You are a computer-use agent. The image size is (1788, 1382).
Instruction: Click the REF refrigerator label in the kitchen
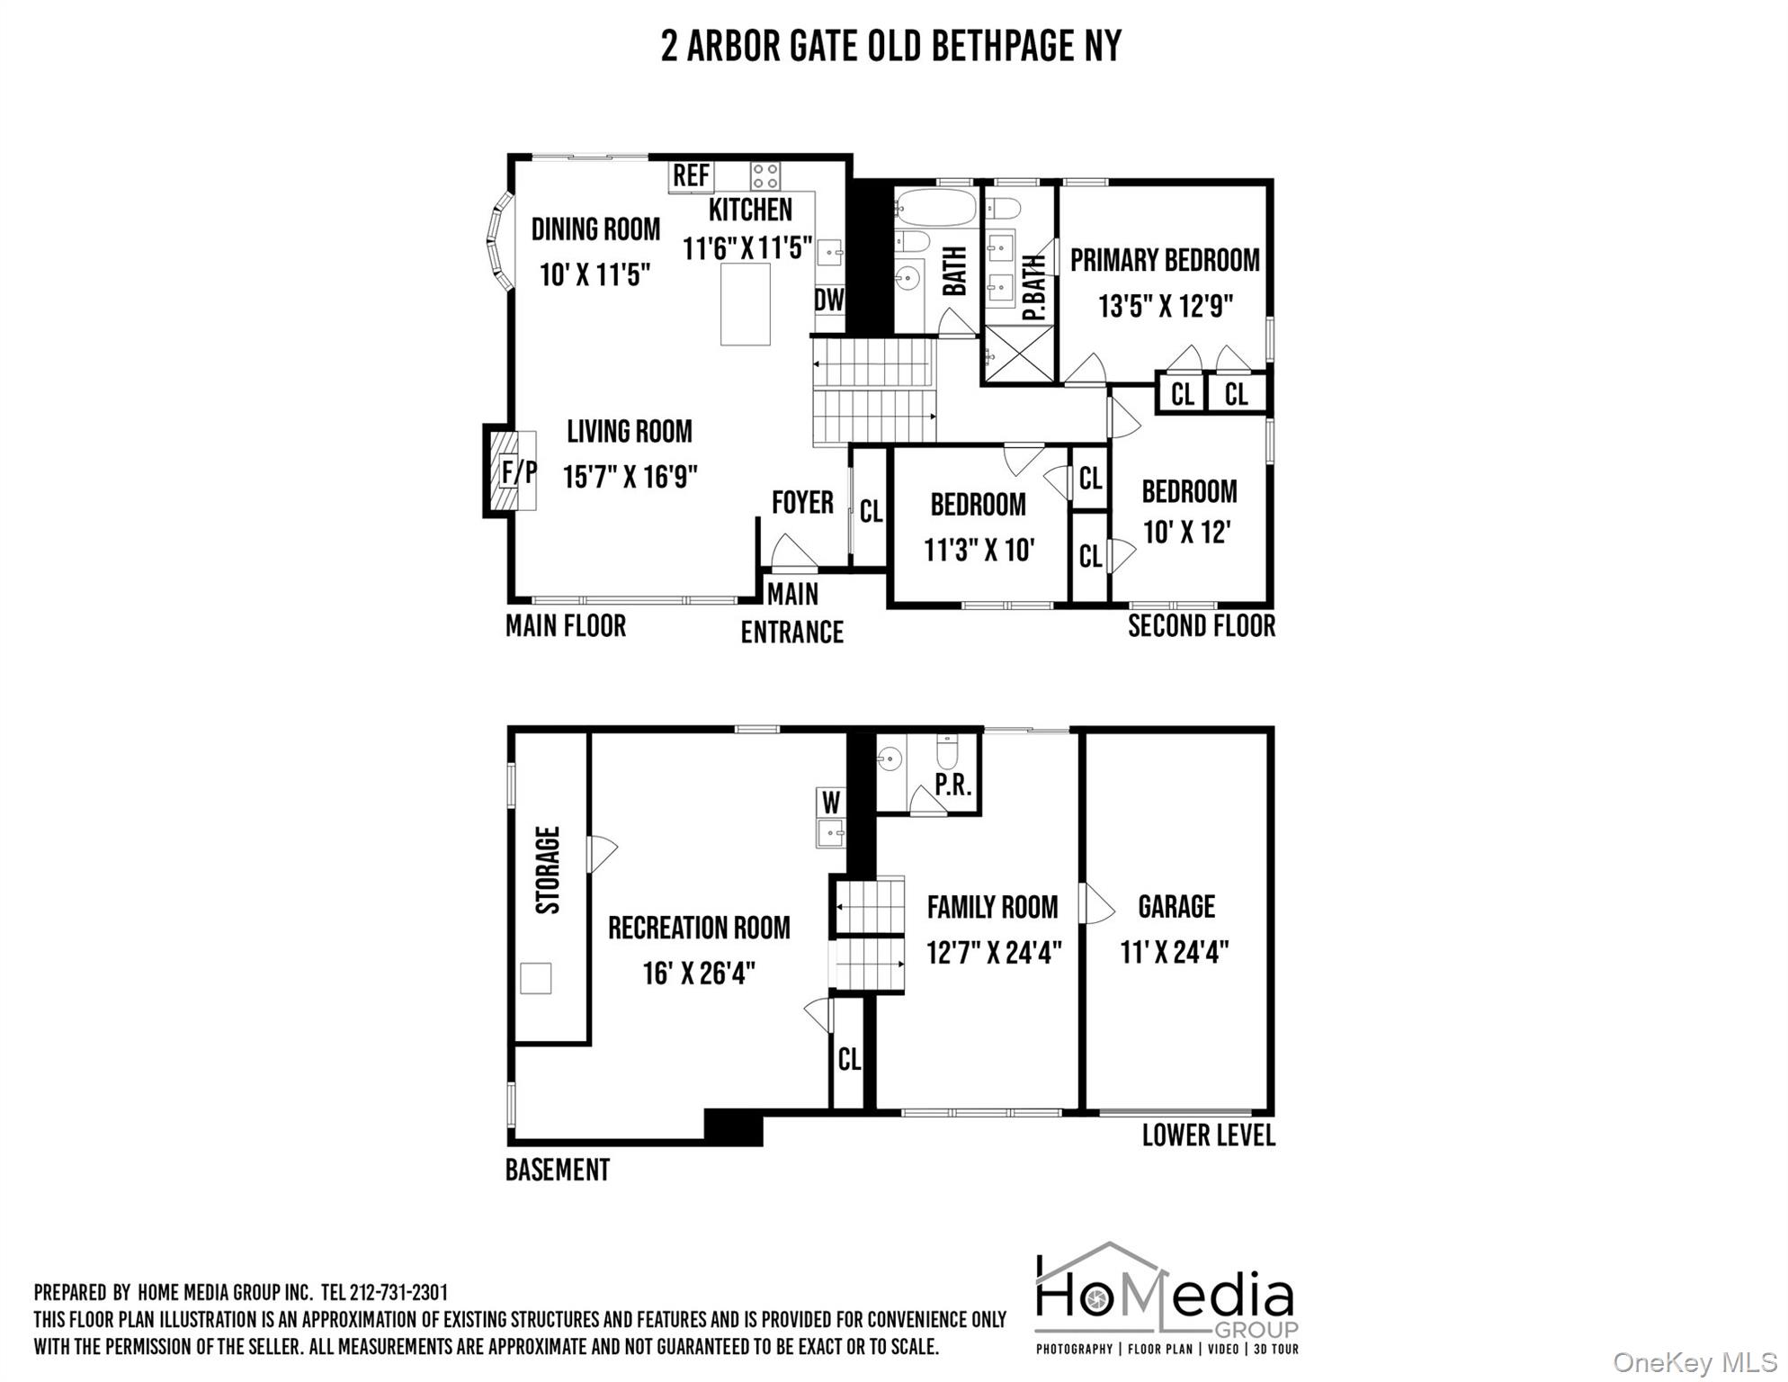[x=691, y=175]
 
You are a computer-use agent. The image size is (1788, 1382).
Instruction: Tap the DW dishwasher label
[x=829, y=300]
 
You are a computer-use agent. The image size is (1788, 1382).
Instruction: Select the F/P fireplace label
[x=519, y=471]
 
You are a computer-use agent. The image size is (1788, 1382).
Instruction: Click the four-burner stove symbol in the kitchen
[x=765, y=175]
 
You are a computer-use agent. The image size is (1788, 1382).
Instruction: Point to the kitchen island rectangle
[x=746, y=304]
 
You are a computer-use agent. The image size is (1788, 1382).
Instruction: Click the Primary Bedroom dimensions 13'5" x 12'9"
[x=1165, y=306]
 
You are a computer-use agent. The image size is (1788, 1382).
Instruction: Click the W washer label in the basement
[x=831, y=802]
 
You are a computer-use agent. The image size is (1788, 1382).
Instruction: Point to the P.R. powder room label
[x=953, y=785]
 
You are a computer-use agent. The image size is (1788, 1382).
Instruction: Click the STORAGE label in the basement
[x=548, y=870]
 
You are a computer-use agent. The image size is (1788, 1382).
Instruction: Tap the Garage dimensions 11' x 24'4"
[x=1175, y=952]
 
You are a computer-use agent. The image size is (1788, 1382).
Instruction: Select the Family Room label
[x=993, y=907]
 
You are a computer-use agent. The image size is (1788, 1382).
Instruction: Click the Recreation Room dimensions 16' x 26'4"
[x=699, y=973]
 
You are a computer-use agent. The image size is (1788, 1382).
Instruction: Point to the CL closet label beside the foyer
[x=871, y=512]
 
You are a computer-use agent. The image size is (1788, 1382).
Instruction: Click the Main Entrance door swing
[x=791, y=552]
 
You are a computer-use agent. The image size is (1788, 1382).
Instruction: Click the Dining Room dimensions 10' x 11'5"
[x=595, y=274]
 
